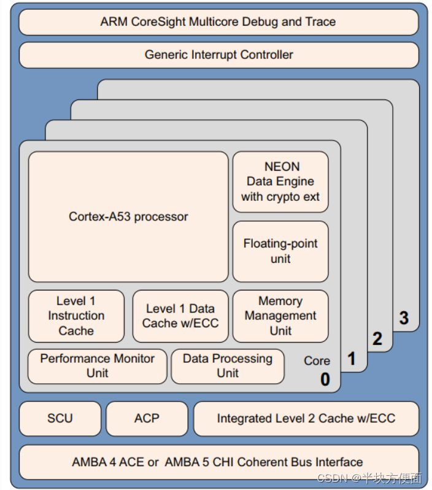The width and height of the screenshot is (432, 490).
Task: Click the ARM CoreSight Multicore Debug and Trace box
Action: click(x=218, y=22)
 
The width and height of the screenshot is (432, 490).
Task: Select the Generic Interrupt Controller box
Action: click(x=218, y=55)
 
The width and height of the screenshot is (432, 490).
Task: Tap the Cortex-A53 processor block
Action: click(x=128, y=217)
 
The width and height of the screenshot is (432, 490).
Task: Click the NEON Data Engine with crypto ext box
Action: click(x=280, y=182)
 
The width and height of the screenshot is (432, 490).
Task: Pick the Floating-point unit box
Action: click(x=280, y=251)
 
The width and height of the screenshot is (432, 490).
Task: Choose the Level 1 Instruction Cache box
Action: click(x=76, y=316)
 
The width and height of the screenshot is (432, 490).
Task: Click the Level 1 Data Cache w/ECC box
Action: click(x=180, y=316)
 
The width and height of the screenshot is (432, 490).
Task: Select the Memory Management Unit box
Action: click(x=280, y=316)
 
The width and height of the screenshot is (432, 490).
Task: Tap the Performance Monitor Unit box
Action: click(x=97, y=366)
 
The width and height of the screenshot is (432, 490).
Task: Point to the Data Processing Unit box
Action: click(x=227, y=366)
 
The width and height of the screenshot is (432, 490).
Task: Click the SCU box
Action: click(x=60, y=419)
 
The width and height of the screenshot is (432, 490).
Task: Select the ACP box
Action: click(x=147, y=419)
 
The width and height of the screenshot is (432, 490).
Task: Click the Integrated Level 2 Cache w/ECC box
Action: click(x=306, y=419)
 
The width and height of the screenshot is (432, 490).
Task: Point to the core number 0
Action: click(x=325, y=379)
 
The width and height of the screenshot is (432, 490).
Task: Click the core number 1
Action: click(x=352, y=359)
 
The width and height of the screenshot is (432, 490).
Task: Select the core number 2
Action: click(x=377, y=338)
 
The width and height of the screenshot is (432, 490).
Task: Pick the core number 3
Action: click(x=403, y=317)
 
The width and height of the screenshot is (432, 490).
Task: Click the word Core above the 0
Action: click(x=317, y=361)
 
